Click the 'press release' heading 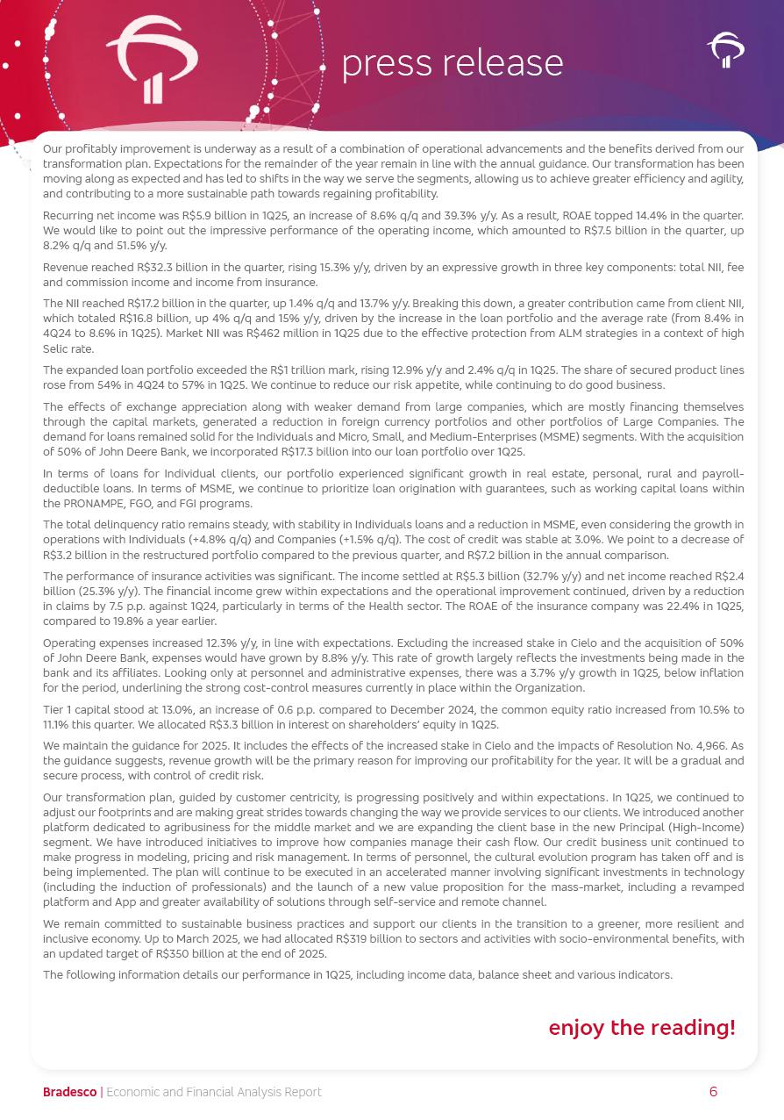[x=452, y=63]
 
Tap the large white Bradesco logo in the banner [x=152, y=60]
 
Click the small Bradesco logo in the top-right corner [x=725, y=50]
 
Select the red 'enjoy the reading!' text [x=642, y=1028]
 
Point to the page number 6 [x=713, y=1092]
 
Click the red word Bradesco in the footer [x=69, y=1092]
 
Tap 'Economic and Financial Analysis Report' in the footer [x=214, y=1092]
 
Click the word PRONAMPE [x=96, y=504]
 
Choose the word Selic [x=58, y=349]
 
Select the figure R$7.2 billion [x=464, y=556]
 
